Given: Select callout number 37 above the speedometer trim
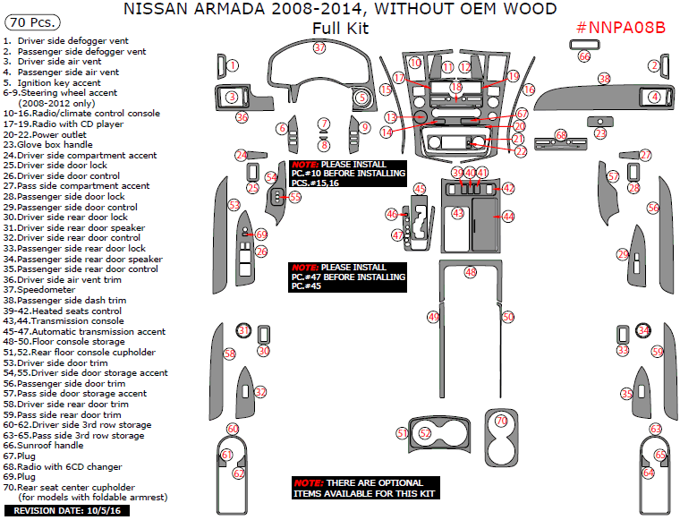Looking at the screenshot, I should pos(319,48).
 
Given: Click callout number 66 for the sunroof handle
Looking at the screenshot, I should pos(584,56).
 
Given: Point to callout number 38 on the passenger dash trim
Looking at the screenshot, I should pos(604,80).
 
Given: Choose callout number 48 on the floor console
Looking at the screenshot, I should pos(470,271).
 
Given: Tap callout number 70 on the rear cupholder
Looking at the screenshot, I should pos(501,420).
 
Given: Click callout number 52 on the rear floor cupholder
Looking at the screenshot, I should pos(426,433).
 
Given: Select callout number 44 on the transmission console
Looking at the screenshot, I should pos(508,217).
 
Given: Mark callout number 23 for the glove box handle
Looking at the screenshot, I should pos(600,133).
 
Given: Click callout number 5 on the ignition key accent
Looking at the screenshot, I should pos(361,97).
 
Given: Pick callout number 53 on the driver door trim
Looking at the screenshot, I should pos(234,205).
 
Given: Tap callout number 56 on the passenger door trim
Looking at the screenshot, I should pos(653,208).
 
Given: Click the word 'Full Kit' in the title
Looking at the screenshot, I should pos(340,29).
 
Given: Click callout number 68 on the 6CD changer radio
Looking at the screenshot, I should pos(561,135).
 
